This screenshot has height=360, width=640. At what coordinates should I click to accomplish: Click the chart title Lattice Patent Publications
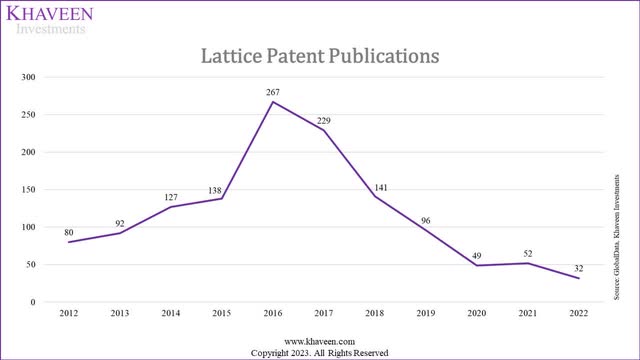pyautogui.click(x=320, y=57)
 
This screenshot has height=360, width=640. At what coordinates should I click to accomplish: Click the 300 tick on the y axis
pyautogui.click(x=27, y=77)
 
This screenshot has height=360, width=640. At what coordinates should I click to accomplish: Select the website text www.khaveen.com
pyautogui.click(x=319, y=341)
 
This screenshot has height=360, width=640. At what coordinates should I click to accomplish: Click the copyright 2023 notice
pyautogui.click(x=319, y=352)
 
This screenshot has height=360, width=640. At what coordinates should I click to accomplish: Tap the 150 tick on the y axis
pyautogui.click(x=27, y=190)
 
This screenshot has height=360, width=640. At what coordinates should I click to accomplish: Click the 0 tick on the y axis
pyautogui.click(x=33, y=302)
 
